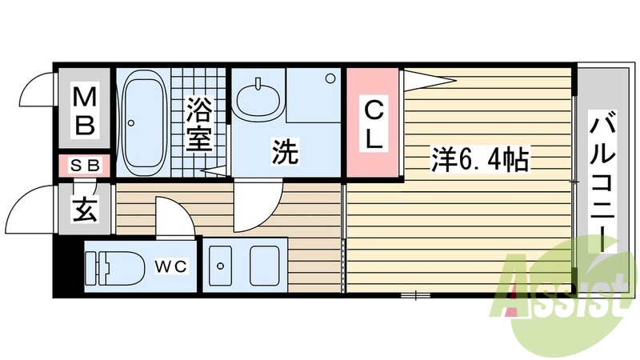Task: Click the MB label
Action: [x=86, y=112]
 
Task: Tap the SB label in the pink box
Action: [x=86, y=166]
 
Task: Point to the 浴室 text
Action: [x=198, y=124]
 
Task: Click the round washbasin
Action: [x=259, y=99]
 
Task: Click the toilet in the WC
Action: [x=112, y=267]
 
